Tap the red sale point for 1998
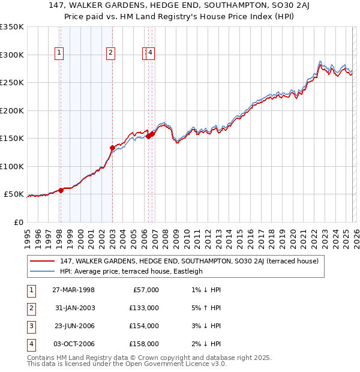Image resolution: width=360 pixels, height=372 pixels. pyautogui.click(x=61, y=190)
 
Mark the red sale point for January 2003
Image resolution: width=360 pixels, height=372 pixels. pyautogui.click(x=112, y=148)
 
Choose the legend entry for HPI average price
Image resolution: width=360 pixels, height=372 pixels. pyautogui.click(x=131, y=271)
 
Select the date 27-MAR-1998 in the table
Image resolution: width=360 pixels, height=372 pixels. pyautogui.click(x=73, y=290)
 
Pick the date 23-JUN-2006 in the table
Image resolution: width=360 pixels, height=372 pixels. pyautogui.click(x=73, y=326)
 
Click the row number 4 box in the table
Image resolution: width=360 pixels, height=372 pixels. pyautogui.click(x=29, y=344)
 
